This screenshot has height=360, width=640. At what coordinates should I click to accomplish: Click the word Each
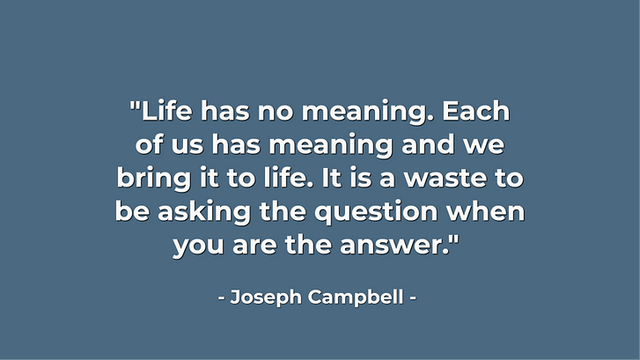click(476, 111)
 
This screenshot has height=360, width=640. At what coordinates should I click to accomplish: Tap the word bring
click(153, 179)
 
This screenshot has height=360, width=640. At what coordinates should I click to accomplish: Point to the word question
click(376, 213)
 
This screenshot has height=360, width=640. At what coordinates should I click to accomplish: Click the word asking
click(204, 212)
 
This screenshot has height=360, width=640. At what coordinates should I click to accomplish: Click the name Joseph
click(266, 298)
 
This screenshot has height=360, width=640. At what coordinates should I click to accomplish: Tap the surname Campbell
click(356, 298)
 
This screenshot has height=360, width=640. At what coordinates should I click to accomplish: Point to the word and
click(428, 145)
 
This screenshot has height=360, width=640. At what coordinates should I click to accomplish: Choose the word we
click(483, 146)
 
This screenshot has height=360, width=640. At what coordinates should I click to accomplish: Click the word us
click(188, 146)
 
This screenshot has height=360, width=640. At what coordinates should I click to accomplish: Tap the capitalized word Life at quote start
click(166, 111)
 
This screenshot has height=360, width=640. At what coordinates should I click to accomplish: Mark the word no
click(276, 113)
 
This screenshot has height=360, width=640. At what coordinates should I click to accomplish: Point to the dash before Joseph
click(222, 298)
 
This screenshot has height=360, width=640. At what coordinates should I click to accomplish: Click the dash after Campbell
click(413, 298)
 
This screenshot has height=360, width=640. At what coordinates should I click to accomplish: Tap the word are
click(254, 246)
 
